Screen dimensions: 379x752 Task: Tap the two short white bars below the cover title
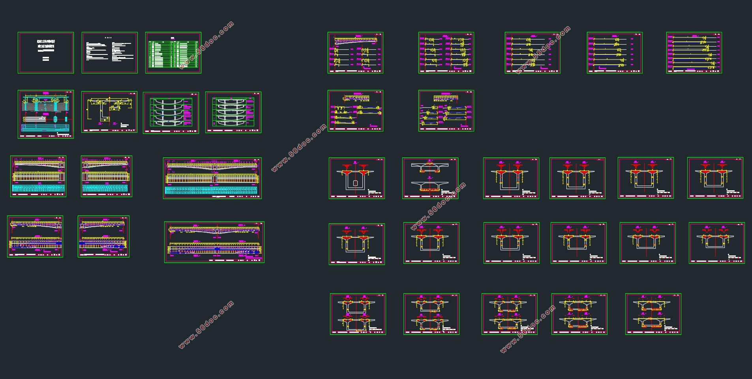coord(46,59)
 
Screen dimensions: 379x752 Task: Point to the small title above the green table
coord(173,38)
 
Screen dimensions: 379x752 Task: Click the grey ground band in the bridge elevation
coord(46,107)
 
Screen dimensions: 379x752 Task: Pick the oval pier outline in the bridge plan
coord(56,118)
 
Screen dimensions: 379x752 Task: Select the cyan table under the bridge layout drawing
coord(45,128)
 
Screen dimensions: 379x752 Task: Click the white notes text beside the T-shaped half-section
coord(125,126)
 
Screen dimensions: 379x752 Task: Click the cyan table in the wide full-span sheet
coord(212,190)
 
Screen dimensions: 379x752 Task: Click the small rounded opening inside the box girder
coord(355,183)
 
